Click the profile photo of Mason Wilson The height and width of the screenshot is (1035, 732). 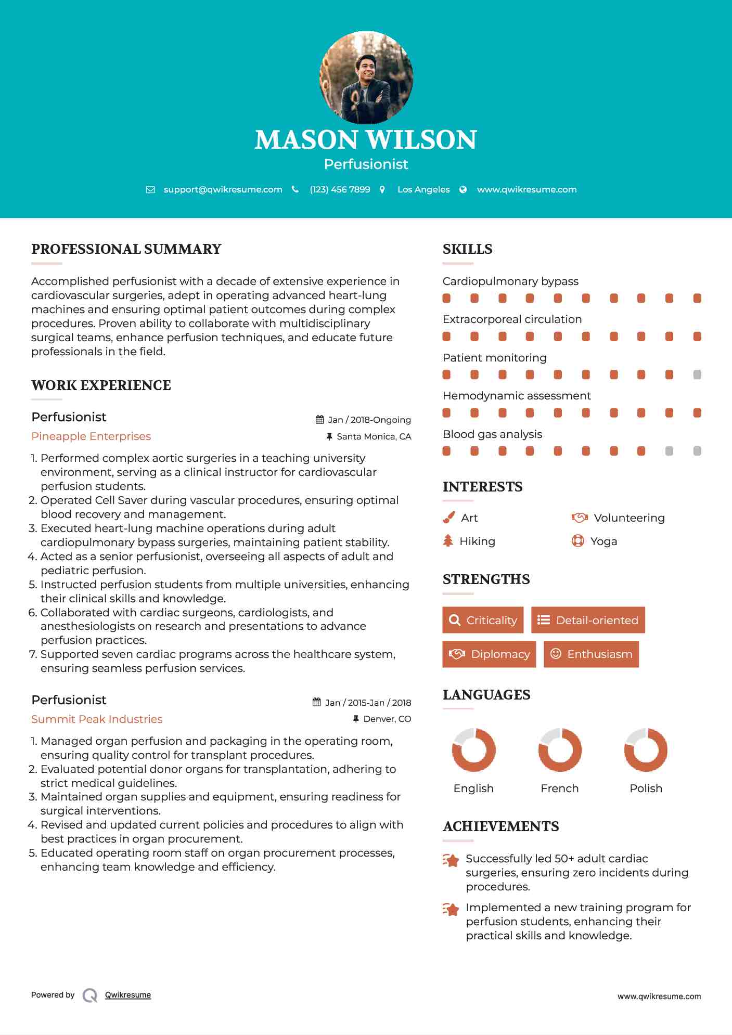pos(366,78)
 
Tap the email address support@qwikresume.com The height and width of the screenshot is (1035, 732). pos(223,189)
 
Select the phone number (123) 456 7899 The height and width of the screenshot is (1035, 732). pos(340,189)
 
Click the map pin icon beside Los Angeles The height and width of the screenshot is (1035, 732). pos(382,189)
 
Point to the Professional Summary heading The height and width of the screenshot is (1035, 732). pos(126,249)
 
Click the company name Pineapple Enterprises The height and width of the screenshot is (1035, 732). pos(91,436)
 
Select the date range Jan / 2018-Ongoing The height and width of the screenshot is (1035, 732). pos(369,420)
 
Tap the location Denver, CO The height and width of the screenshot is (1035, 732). pos(387,719)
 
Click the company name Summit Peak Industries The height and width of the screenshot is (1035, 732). pos(97,719)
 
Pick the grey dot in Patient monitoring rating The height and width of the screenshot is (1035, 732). pos(697,374)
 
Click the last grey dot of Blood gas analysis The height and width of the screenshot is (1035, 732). pos(697,451)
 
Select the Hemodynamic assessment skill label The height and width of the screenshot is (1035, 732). pos(517,396)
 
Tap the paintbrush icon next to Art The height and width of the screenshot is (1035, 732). pos(448,517)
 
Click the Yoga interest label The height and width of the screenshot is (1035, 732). pos(603,541)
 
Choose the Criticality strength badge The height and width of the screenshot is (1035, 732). pos(483,620)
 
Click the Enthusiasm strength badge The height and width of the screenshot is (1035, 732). pos(591,654)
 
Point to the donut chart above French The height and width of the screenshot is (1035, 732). pos(560,750)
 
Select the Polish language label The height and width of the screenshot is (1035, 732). pos(646,788)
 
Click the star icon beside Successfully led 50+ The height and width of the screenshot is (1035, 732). pos(451,860)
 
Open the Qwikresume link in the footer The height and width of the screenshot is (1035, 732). pos(128,995)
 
